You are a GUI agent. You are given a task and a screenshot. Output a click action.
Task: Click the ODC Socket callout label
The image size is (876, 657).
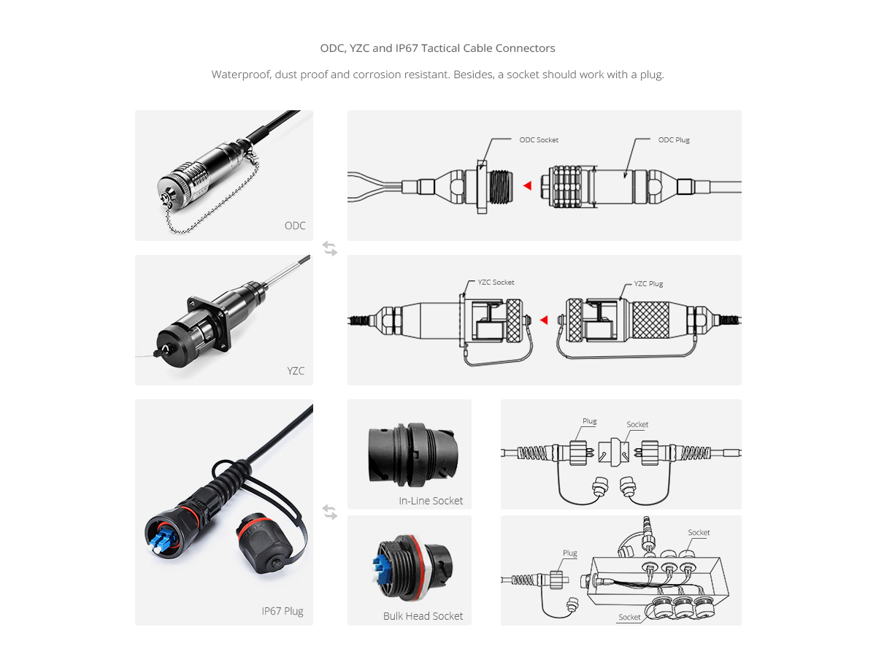(x=538, y=140)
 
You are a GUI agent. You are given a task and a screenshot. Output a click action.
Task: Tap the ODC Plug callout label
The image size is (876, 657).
(x=674, y=140)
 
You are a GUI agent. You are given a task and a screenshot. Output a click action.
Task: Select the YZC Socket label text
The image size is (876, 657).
(x=496, y=283)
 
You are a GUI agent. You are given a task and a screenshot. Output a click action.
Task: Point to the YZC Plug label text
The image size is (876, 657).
(x=648, y=284)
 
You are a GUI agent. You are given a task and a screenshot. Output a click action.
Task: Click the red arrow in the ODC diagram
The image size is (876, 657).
(x=528, y=185)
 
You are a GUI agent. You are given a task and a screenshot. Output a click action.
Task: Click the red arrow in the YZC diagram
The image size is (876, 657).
(x=544, y=320)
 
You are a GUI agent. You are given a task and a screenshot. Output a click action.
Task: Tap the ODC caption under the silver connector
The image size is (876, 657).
(x=295, y=226)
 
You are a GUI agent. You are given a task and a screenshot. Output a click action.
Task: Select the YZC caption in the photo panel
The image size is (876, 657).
(x=296, y=371)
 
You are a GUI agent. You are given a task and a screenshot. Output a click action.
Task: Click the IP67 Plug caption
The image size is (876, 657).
(x=283, y=611)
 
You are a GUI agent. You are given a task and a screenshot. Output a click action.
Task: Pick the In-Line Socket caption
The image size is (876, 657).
(x=431, y=501)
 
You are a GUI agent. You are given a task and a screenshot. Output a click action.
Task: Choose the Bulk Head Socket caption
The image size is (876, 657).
(x=423, y=616)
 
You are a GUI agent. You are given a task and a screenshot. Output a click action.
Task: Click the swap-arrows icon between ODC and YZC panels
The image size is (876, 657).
(x=330, y=248)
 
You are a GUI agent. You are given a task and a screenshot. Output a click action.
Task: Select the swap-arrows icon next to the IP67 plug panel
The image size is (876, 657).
(x=330, y=512)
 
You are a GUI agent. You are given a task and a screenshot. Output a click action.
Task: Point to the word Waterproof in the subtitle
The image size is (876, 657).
(x=241, y=75)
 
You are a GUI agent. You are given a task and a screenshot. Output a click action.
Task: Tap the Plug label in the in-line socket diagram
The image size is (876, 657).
(x=589, y=421)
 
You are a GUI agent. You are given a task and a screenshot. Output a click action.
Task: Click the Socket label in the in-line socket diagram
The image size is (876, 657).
(x=637, y=424)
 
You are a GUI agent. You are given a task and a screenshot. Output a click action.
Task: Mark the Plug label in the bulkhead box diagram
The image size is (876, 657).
(x=570, y=553)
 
